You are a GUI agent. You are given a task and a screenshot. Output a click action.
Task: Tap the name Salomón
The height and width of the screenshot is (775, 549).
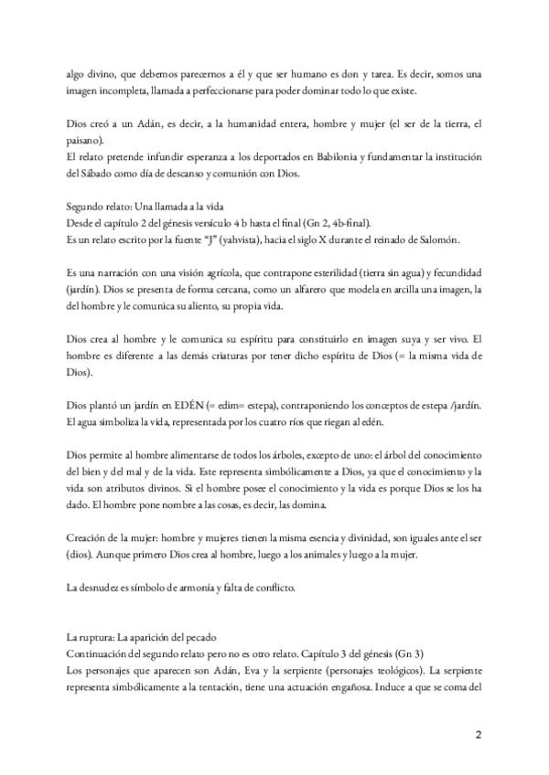pos(447,239)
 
